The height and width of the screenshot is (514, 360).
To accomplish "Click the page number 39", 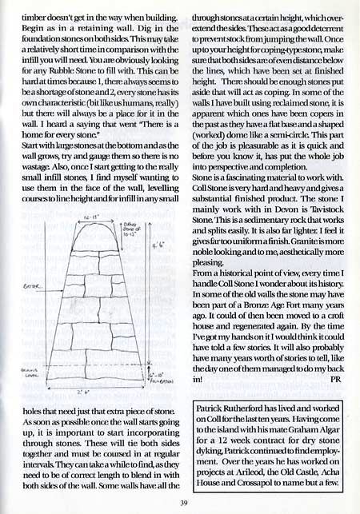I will click(184, 501).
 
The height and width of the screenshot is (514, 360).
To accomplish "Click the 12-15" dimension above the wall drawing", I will click(86, 217).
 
